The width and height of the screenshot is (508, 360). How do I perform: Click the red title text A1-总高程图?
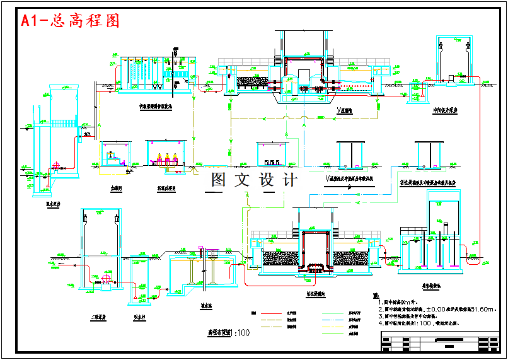coord(70,20)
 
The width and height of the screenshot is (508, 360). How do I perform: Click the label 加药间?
coord(115,187)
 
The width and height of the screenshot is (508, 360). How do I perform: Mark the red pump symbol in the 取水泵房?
coord(56,167)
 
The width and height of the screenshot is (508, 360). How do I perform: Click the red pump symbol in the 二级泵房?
coord(105,279)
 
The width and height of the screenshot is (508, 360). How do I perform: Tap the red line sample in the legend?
coord(273,312)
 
